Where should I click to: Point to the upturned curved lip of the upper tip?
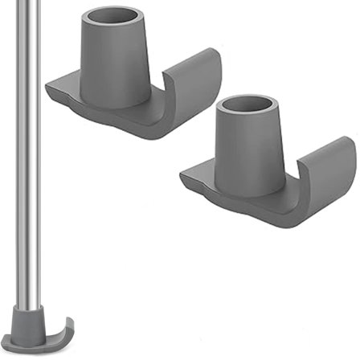196,80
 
